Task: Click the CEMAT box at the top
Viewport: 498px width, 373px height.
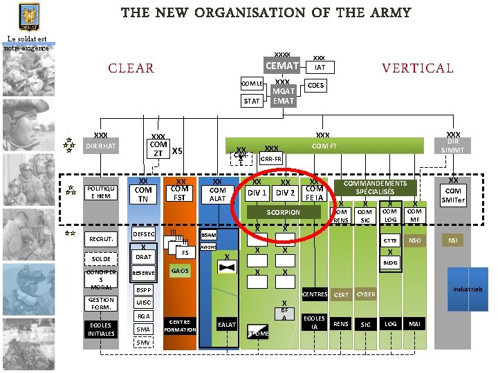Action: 282,66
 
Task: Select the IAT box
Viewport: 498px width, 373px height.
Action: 320,68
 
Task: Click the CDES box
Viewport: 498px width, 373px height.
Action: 315,86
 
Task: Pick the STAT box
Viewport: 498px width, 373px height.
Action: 252,101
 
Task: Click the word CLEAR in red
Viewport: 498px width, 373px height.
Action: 131,68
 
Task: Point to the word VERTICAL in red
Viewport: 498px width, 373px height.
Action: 417,68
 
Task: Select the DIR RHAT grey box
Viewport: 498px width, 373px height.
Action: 101,146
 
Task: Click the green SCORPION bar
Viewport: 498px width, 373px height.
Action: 284,212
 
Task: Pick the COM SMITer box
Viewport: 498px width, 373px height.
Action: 454,195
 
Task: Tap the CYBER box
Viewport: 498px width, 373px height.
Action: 366,294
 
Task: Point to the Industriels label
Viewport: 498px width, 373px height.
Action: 468,289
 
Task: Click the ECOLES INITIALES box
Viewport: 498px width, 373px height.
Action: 101,329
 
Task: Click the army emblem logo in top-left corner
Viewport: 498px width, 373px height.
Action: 28,15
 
